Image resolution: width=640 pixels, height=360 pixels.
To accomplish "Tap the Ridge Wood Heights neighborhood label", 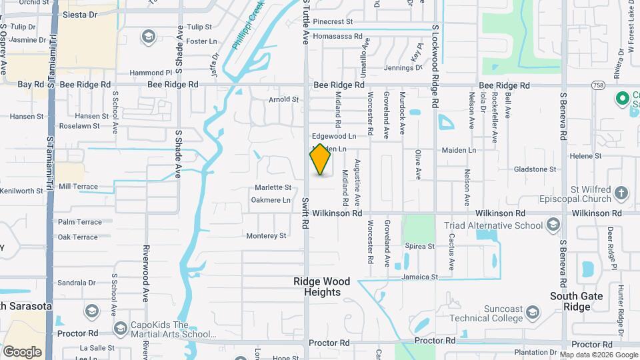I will tap(317, 287).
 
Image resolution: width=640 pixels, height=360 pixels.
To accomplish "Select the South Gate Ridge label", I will tap(577, 301).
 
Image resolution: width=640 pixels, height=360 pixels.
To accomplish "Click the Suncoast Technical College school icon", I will tap(533, 312).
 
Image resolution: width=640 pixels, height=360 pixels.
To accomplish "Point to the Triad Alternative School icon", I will tap(553, 225).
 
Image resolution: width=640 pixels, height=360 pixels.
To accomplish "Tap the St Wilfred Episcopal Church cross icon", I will tap(621, 193).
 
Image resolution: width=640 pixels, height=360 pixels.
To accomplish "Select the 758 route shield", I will tap(598, 85).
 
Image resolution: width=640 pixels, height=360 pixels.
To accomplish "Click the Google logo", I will tap(22, 352).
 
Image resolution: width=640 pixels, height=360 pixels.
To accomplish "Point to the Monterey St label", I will tap(266, 235).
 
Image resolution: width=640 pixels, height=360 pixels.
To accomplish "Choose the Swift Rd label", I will tap(305, 213).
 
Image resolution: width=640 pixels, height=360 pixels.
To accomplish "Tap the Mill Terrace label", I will tap(78, 187).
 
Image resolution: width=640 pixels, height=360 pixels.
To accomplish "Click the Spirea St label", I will tap(420, 246).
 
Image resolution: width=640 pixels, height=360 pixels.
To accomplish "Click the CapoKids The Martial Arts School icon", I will tap(120, 329).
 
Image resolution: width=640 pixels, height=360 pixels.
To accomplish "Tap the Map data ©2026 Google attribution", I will tap(599, 355).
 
